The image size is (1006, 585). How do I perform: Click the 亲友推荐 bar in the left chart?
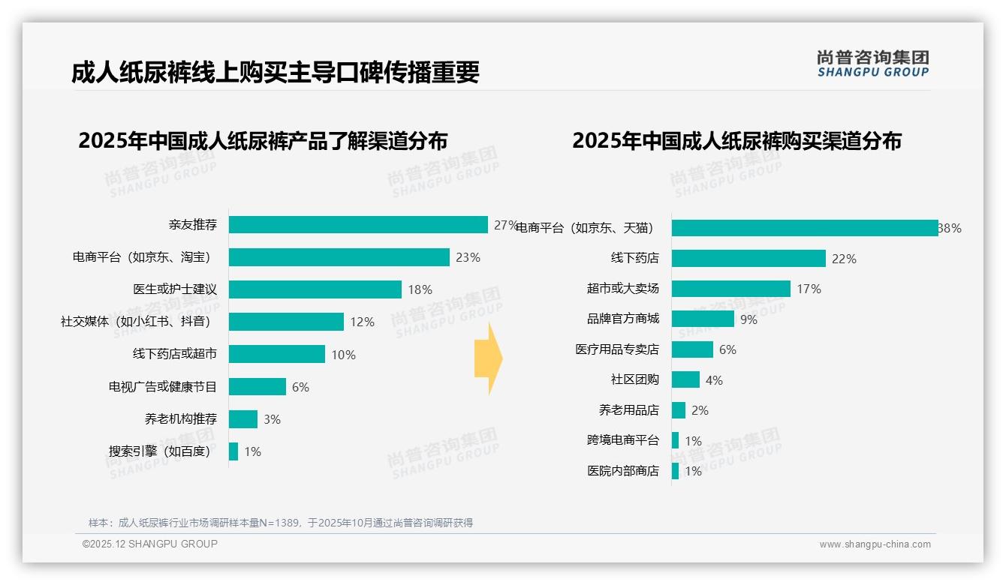click(358, 225)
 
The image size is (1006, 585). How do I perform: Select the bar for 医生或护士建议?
click(315, 289)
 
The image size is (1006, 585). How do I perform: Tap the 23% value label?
click(468, 257)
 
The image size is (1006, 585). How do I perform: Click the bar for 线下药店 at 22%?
click(748, 259)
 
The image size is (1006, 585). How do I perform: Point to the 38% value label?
click(950, 228)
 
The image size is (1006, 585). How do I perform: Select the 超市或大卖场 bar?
click(730, 289)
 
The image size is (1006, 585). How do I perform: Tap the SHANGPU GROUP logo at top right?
click(873, 64)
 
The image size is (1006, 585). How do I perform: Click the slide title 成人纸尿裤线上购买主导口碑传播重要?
click(275, 72)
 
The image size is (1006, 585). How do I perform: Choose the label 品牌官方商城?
click(623, 319)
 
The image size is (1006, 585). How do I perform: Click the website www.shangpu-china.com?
click(875, 544)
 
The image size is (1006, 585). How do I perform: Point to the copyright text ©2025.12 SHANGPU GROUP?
click(150, 544)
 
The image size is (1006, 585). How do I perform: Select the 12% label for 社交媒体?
click(362, 322)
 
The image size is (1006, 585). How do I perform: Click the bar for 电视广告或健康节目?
click(258, 387)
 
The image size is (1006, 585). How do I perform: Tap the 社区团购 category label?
click(634, 379)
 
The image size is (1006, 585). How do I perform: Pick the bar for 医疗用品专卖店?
click(692, 349)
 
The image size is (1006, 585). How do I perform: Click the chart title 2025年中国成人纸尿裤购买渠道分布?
click(736, 141)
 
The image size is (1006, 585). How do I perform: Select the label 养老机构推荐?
click(181, 419)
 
